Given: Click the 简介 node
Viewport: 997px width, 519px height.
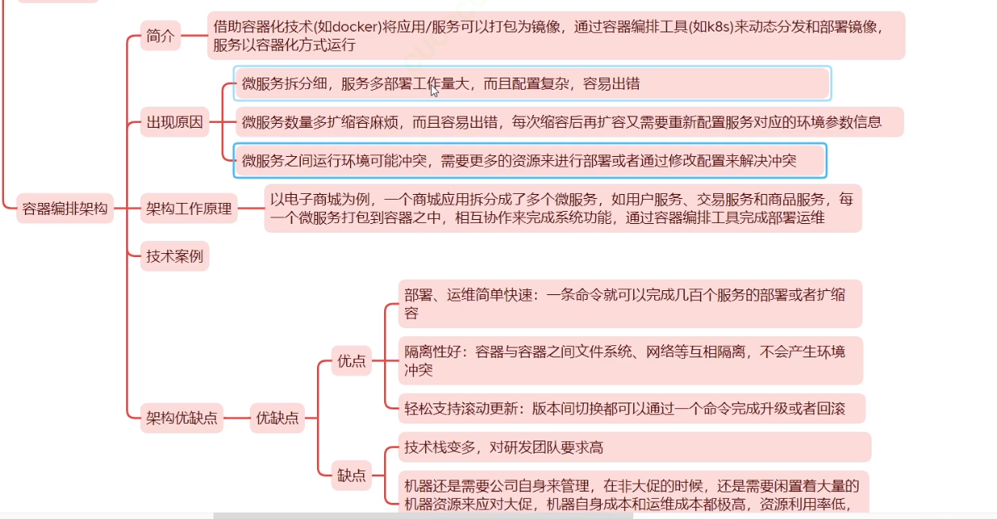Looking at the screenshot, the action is (160, 36).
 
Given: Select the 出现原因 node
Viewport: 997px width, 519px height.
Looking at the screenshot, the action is (175, 124).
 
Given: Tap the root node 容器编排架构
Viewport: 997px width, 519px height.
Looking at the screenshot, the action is (65, 209).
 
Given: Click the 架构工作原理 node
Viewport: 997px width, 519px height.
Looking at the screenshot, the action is (188, 209).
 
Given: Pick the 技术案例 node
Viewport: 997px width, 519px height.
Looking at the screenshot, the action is (174, 257).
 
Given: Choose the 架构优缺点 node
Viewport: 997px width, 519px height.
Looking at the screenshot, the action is (182, 418).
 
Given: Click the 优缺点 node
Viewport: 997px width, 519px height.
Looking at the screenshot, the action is (277, 418).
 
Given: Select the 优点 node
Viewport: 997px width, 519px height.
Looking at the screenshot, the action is (352, 361).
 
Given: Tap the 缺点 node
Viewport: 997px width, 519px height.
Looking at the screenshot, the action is (352, 475).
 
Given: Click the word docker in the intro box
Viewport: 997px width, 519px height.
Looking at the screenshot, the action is (353, 26).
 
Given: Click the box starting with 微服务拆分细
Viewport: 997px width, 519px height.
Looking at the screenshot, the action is (531, 83).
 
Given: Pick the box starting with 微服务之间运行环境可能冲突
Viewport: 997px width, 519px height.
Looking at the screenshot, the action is (530, 161).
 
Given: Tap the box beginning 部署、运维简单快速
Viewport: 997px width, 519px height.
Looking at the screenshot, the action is (629, 303).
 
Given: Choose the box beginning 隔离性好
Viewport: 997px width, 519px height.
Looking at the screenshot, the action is (629, 361).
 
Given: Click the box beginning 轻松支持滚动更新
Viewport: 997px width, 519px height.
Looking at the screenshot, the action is (631, 408).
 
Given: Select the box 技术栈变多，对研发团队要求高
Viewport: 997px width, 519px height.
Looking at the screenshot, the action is (634, 447).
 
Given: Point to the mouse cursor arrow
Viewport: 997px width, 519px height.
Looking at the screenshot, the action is (433, 90).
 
